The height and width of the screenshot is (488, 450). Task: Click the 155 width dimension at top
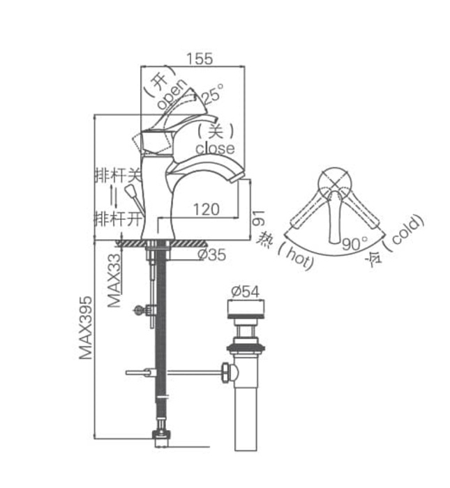[x=200, y=59]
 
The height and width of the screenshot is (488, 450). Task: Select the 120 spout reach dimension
[x=207, y=208]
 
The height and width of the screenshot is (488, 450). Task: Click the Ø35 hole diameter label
[x=211, y=255]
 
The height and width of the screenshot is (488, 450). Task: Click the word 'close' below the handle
[x=215, y=148]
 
